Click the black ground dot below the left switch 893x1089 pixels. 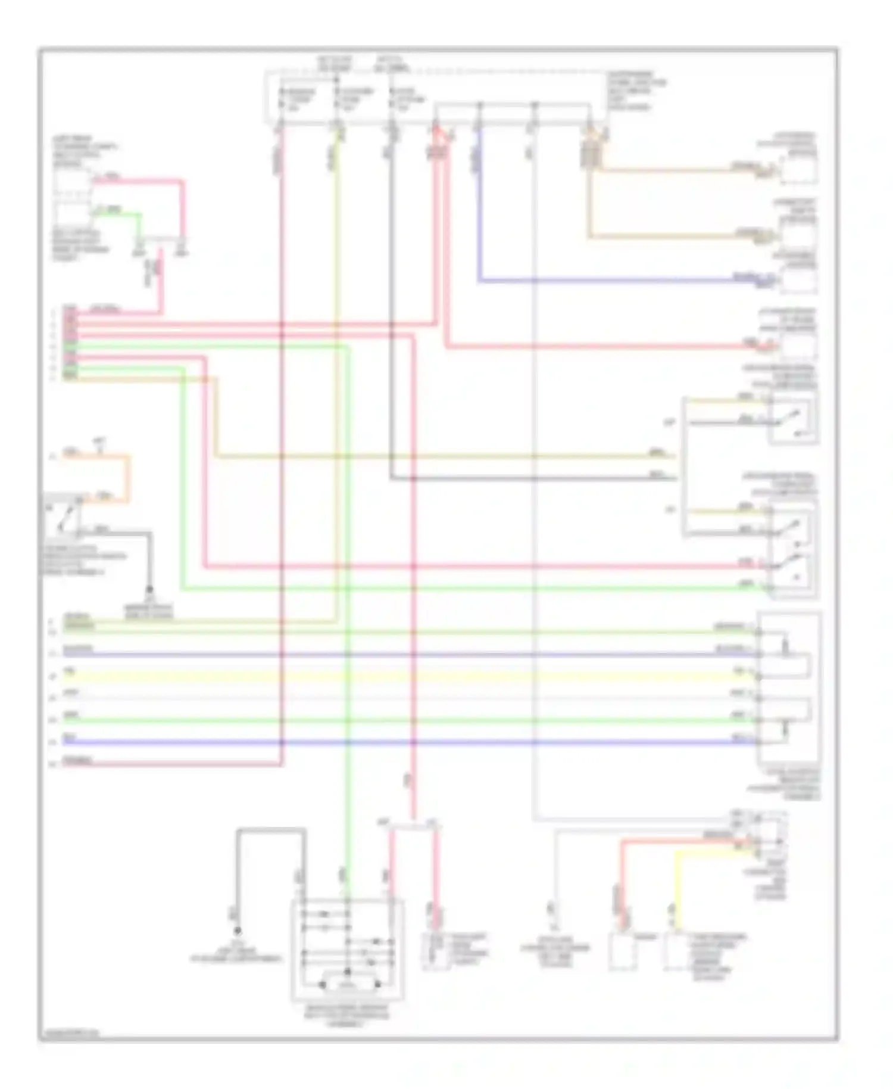pos(149,591)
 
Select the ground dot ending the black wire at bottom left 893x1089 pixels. pos(237,930)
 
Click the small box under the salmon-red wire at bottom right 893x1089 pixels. pos(622,951)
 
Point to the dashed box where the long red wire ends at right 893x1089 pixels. pos(798,346)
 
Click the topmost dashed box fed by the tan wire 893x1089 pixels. pos(798,169)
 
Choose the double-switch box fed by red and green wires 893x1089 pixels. pos(792,548)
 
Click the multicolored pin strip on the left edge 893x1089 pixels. pos(70,343)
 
